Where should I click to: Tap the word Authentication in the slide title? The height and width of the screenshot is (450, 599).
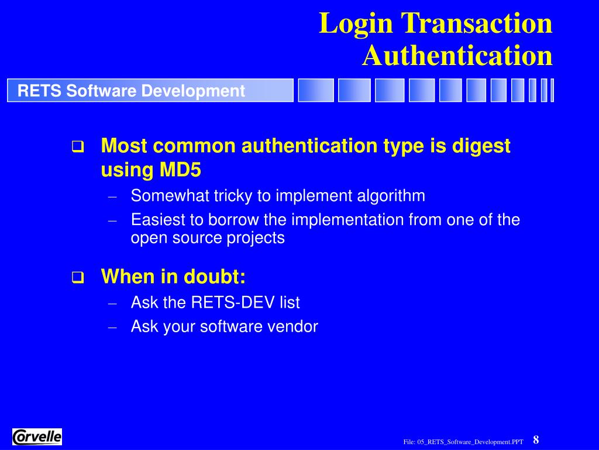[457, 56]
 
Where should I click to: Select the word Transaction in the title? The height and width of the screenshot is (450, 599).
[477, 25]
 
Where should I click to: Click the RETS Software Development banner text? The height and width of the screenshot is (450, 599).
[131, 91]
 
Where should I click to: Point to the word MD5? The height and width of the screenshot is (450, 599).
[180, 170]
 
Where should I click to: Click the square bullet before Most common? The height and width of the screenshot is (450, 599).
[77, 146]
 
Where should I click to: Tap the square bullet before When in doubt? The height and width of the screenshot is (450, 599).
[77, 278]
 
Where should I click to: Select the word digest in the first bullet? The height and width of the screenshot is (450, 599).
[481, 146]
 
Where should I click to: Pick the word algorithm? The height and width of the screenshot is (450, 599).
[391, 196]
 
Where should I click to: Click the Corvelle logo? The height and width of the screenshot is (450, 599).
[37, 437]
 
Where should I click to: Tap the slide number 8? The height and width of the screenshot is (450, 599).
[536, 440]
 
